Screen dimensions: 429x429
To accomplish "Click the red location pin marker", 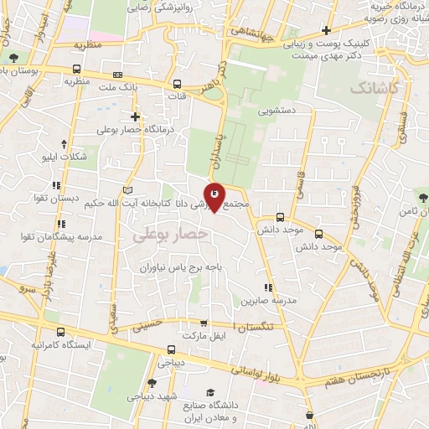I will [x=214, y=196].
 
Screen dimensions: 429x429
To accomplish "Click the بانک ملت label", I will [x=117, y=87].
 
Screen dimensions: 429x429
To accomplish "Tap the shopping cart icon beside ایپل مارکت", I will [x=202, y=323].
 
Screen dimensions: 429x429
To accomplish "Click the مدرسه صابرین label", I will [x=266, y=299].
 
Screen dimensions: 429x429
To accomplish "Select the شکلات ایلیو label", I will [x=63, y=157].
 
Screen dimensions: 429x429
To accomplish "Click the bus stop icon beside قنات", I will [x=177, y=84].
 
